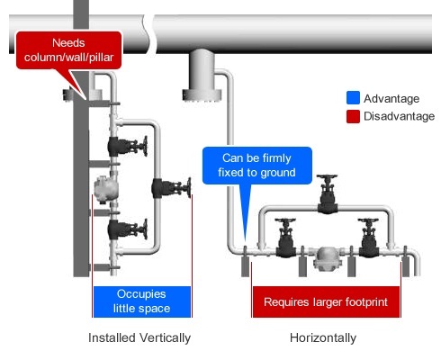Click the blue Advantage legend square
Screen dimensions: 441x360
(x=353, y=98)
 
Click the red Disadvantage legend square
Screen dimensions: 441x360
(x=353, y=116)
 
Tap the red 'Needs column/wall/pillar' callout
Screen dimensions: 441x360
(x=68, y=50)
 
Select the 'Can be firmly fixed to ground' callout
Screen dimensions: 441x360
(x=257, y=166)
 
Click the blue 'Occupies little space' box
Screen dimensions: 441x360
(x=142, y=301)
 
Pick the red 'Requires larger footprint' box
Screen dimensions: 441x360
(x=326, y=301)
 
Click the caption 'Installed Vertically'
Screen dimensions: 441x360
(x=139, y=337)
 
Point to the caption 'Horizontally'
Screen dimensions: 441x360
(x=323, y=337)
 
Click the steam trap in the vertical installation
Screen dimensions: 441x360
(x=105, y=189)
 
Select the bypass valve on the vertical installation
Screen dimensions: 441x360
(x=171, y=188)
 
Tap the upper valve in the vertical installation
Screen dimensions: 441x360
(x=128, y=146)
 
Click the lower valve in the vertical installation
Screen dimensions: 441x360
(x=128, y=229)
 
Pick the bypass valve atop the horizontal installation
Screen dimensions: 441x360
(x=328, y=193)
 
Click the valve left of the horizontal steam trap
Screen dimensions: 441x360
(x=285, y=238)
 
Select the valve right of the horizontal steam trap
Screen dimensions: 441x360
(x=368, y=238)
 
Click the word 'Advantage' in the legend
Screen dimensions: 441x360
(x=391, y=98)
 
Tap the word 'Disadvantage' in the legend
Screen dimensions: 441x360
(x=399, y=116)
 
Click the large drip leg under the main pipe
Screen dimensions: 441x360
(x=202, y=76)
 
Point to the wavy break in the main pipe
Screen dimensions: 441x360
(x=149, y=34)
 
